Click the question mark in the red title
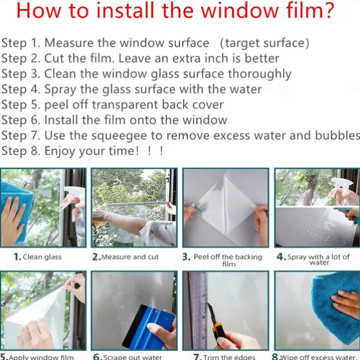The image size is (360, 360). [328, 11]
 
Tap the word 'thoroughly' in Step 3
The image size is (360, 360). [260, 74]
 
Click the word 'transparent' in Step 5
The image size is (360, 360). [125, 105]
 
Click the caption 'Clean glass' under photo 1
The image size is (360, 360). [42, 257]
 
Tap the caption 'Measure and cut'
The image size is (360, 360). [130, 257]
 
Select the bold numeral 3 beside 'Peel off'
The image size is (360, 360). [186, 257]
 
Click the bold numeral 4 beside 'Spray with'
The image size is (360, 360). [280, 257]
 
